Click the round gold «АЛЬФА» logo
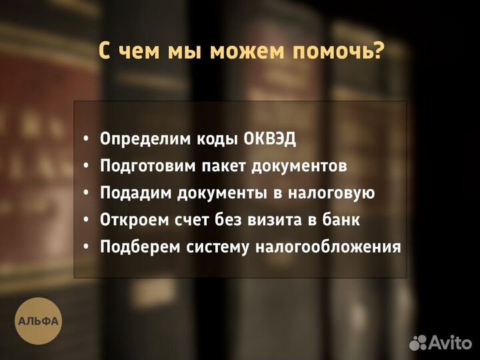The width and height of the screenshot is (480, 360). coord(39,321)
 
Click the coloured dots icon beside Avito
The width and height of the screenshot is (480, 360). coord(418,343)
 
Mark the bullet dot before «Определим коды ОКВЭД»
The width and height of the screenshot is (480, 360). coord(86,139)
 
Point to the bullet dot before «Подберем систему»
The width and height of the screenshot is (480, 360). coord(86,248)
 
